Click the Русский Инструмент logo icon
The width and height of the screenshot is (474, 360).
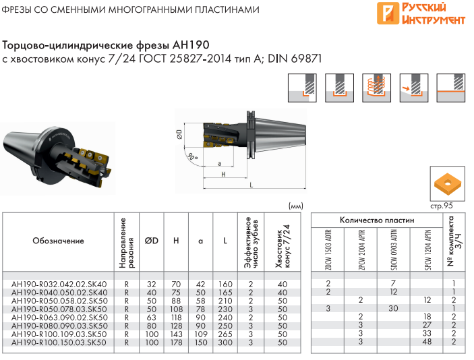(388, 13)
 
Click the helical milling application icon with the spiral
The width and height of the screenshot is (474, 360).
(376, 88)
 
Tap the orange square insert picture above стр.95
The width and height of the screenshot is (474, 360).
(448, 184)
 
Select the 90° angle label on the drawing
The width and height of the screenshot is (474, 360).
(192, 157)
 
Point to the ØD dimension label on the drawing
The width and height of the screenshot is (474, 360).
(179, 134)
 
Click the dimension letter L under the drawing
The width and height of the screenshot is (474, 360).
(251, 185)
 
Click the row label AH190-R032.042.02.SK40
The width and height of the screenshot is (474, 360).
(59, 284)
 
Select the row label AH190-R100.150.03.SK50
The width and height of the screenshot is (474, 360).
(59, 342)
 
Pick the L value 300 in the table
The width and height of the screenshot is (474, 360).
(225, 342)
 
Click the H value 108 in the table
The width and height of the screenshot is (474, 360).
(176, 309)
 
